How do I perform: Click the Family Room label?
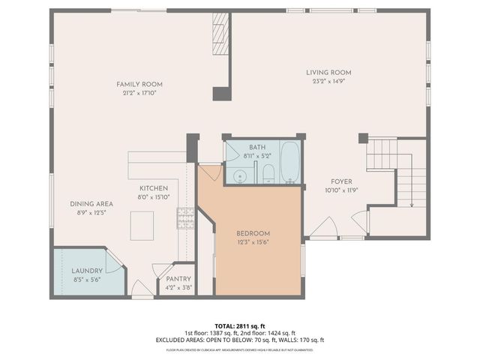coord(139,84)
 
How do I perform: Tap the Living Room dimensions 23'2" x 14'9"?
coord(328,82)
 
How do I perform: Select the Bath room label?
coord(258,148)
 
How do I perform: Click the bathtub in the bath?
coord(289,161)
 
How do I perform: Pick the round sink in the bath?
coord(240,176)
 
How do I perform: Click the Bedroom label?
coord(253,233)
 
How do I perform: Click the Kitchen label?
coord(153,187)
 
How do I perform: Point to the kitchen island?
coord(142,225)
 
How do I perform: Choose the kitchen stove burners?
coord(184,217)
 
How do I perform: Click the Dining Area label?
coord(91,203)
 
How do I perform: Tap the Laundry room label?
coord(87,270)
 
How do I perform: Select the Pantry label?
coord(178,278)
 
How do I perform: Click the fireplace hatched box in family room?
coord(220,33)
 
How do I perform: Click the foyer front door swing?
coord(324,228)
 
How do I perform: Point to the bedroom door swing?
coord(209,172)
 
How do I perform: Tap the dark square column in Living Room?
coord(363,138)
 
